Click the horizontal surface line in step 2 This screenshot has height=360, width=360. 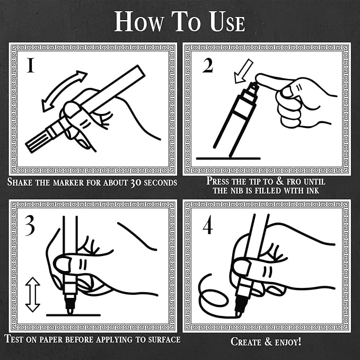point(228,158)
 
